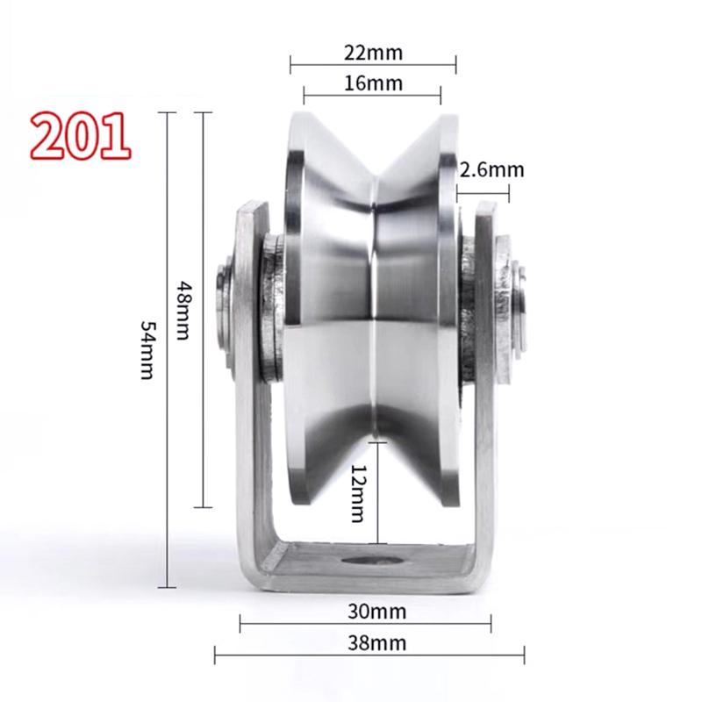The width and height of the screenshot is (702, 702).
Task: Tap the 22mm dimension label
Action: [373, 52]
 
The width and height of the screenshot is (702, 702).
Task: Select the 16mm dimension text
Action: [373, 83]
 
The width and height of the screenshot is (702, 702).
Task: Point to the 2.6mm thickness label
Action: [491, 169]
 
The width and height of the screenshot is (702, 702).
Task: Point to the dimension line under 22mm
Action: [373, 64]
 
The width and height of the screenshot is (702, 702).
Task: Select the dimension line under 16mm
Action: [373, 96]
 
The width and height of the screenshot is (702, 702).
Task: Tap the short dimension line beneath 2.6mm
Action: [482, 187]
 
